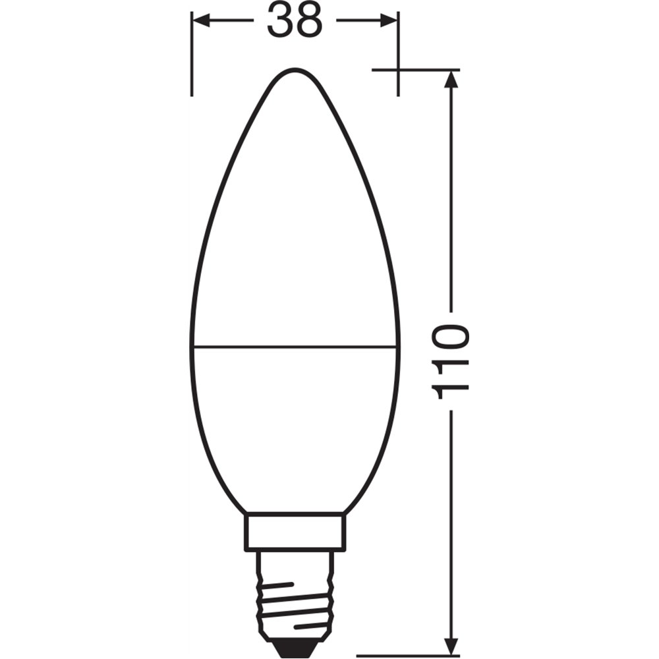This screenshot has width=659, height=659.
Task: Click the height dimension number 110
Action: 451,361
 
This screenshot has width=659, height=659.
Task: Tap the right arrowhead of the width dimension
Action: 389,20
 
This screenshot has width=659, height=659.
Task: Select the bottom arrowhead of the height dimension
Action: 451,646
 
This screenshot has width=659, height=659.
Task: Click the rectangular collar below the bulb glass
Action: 295,531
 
